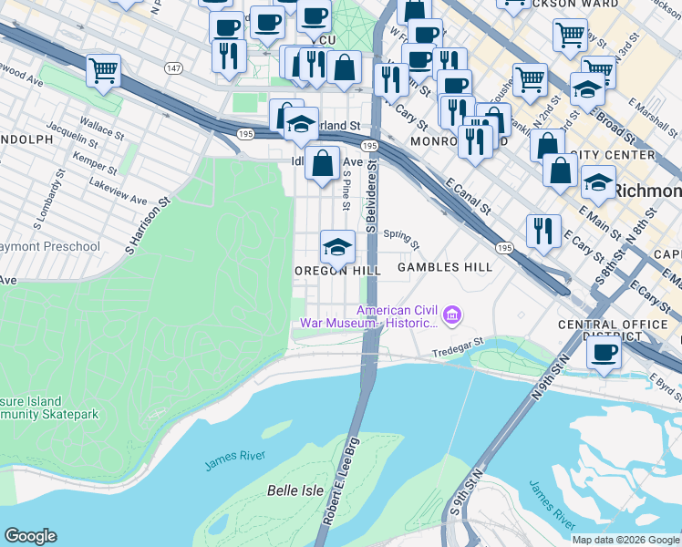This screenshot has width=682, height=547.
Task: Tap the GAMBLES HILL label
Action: pyautogui.click(x=445, y=267)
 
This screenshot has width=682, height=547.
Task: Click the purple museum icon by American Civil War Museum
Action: pyautogui.click(x=450, y=316)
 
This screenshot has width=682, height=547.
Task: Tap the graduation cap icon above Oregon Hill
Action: pyautogui.click(x=337, y=246)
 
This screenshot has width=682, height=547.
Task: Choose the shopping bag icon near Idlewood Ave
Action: pyautogui.click(x=323, y=164)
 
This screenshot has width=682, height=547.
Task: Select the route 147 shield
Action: pyautogui.click(x=173, y=68)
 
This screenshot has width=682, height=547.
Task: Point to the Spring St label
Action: pyautogui.click(x=400, y=240)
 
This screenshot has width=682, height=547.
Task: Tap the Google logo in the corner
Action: pyautogui.click(x=30, y=536)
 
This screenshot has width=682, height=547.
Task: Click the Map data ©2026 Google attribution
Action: pyautogui.click(x=625, y=540)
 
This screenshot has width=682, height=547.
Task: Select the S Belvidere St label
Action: pyautogui.click(x=372, y=196)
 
